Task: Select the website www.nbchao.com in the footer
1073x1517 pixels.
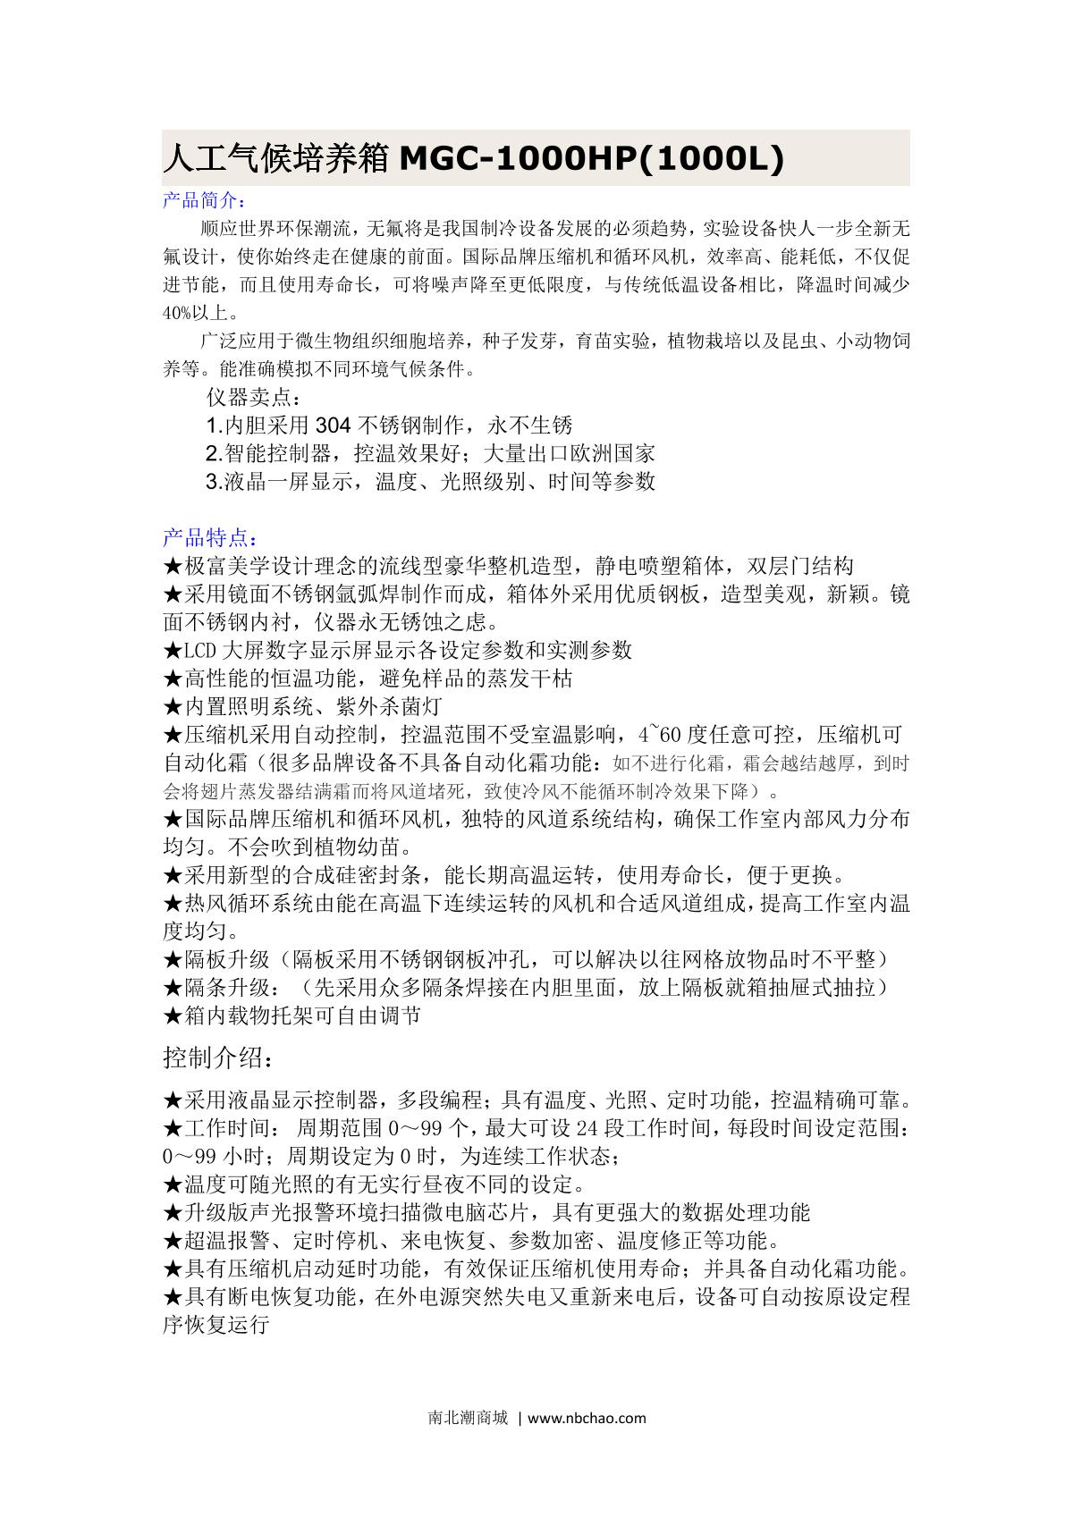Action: (x=587, y=1418)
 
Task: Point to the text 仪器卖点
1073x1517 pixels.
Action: (x=249, y=398)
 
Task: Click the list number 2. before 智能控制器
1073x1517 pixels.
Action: (x=214, y=454)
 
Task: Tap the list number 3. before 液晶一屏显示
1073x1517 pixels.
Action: (x=214, y=483)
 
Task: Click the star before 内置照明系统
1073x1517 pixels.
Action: (x=173, y=707)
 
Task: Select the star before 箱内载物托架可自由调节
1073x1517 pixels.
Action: (x=173, y=1016)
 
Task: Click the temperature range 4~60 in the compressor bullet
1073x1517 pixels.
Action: (x=662, y=735)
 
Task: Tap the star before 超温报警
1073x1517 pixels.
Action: (x=173, y=1242)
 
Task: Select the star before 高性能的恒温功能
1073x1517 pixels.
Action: (x=173, y=678)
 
